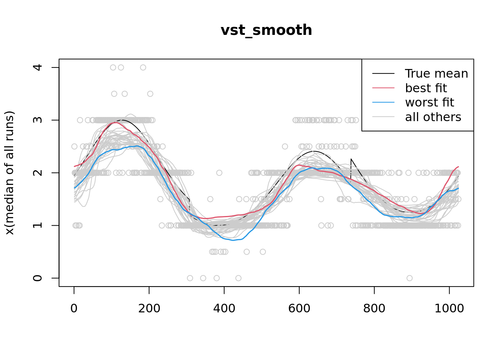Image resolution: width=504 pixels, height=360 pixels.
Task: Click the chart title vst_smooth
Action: pos(266,30)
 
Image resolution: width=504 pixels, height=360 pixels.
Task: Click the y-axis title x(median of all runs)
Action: pos(9,173)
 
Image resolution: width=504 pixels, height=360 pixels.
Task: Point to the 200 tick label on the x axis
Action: pos(149,308)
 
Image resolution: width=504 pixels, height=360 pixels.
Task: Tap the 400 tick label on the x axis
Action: pos(224,308)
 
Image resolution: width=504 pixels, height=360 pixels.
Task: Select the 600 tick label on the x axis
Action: pos(299,308)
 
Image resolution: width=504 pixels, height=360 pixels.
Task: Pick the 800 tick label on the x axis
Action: pos(374,308)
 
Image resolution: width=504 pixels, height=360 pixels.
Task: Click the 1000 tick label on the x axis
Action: pos(449,308)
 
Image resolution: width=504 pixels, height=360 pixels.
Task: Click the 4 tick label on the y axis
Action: pos(37,67)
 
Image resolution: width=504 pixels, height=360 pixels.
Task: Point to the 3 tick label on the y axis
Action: pos(37,120)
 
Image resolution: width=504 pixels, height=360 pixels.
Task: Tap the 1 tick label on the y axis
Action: pos(37,225)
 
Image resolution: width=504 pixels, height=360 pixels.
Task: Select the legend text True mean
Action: pos(436,73)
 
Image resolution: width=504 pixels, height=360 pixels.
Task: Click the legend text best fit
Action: pos(426,88)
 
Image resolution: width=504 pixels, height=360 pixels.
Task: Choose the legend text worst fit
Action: pos(429,102)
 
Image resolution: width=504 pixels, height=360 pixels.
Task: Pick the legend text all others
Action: pos(433,117)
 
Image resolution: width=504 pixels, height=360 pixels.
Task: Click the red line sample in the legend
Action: pos(383,88)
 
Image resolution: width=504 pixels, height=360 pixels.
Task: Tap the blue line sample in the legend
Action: pos(383,102)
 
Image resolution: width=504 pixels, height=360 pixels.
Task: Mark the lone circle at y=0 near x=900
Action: pos(409,278)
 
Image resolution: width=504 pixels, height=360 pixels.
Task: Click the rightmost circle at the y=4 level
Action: pos(143,67)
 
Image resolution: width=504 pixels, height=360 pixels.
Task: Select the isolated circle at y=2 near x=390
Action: pos(219,173)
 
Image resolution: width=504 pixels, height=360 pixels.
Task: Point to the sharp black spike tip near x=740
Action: pos(351,159)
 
